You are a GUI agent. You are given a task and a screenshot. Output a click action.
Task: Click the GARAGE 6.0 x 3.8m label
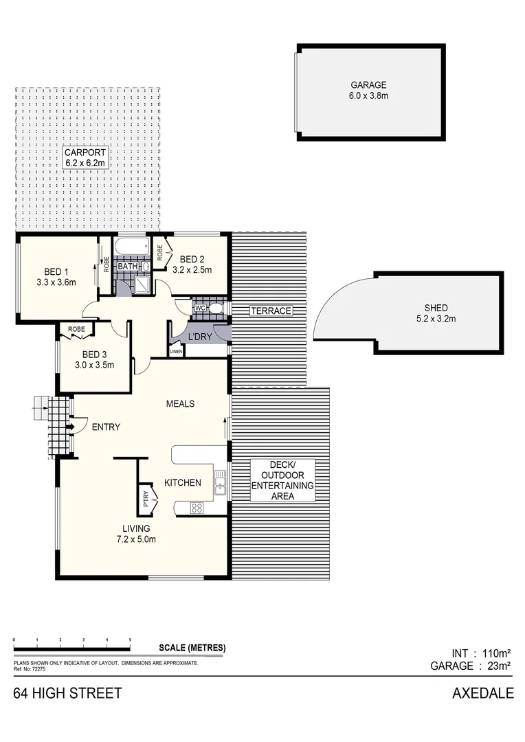click(368, 91)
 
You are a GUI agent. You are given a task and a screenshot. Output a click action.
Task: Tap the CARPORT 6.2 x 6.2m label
click(86, 157)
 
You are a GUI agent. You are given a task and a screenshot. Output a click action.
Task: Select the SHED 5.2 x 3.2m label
click(436, 313)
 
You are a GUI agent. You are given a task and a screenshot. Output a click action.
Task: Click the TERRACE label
click(271, 311)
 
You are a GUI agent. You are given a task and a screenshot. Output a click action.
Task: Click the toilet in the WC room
click(215, 308)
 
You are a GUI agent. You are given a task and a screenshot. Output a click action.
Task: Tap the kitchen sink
click(220, 484)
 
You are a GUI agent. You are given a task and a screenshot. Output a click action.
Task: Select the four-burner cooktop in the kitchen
click(197, 508)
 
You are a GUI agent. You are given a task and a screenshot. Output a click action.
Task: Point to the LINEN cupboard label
click(177, 352)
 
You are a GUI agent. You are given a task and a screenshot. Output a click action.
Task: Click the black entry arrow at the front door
click(70, 427)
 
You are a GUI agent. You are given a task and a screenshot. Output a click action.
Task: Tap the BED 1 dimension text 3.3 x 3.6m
click(56, 282)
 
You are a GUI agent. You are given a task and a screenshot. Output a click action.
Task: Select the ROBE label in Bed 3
click(77, 329)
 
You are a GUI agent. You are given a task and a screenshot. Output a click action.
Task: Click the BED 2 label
click(192, 259)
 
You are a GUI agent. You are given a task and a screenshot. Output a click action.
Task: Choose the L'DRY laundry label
click(200, 337)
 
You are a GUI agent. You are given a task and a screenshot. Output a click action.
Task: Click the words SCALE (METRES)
click(192, 648)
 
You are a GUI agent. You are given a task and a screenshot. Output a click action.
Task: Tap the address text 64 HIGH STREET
click(67, 693)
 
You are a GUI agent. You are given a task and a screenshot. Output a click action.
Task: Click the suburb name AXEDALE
click(482, 693)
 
